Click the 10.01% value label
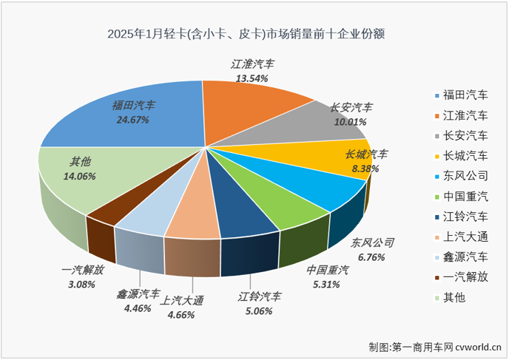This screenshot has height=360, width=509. (x=351, y=122)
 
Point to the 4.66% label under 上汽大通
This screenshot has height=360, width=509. (x=181, y=314)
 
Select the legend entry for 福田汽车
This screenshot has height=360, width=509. (x=465, y=95)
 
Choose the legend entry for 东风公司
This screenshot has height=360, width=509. (x=465, y=176)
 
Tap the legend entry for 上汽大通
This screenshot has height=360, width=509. (x=465, y=237)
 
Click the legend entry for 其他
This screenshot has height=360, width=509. (x=454, y=298)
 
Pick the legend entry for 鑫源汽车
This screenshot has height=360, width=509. (x=465, y=257)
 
